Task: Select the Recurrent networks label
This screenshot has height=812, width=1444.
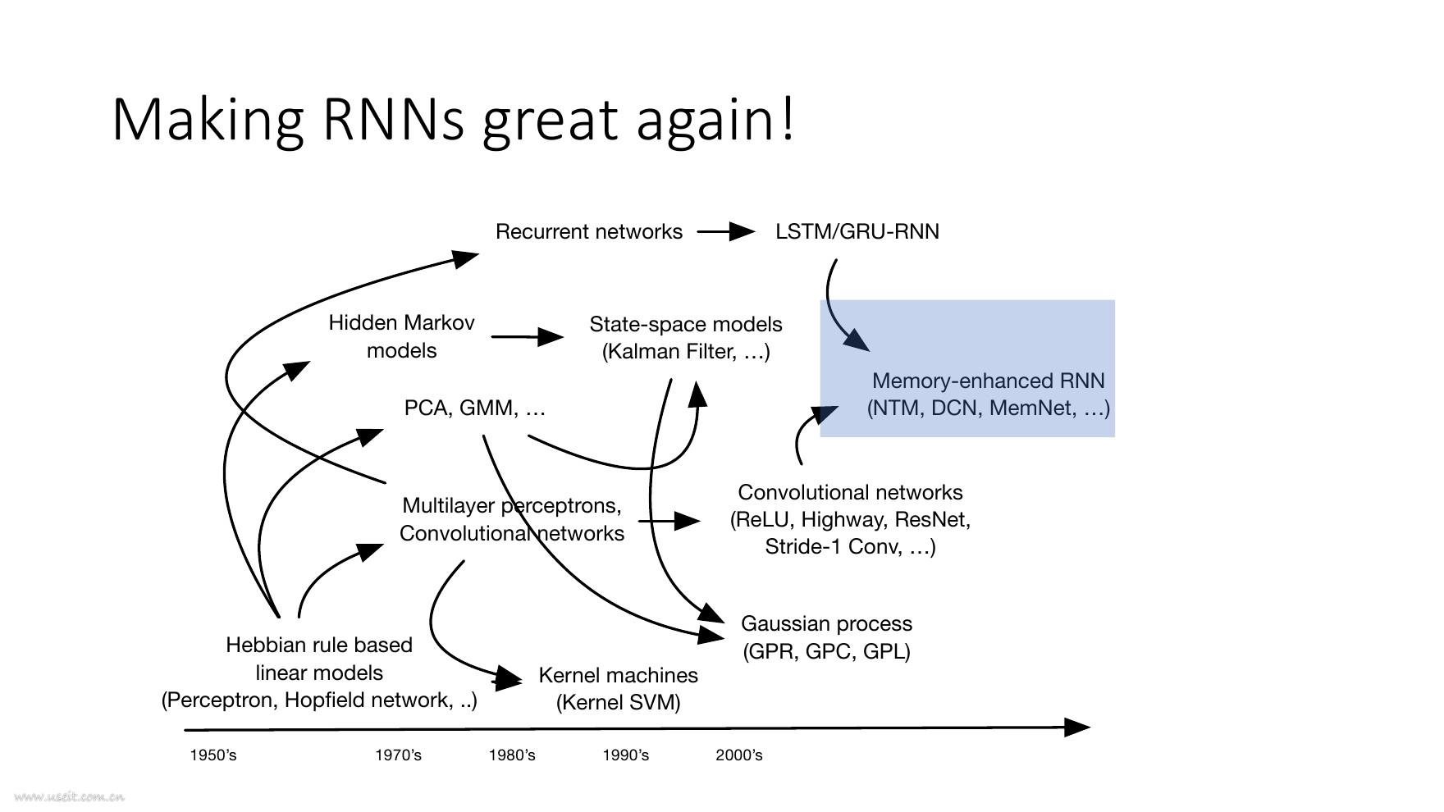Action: [x=589, y=232]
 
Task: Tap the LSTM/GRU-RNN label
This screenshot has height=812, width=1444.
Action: [x=857, y=232]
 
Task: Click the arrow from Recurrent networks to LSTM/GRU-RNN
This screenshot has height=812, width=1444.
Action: [x=726, y=232]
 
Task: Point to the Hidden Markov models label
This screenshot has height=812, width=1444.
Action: [x=401, y=336]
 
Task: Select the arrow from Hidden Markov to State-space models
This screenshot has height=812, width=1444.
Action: [x=528, y=336]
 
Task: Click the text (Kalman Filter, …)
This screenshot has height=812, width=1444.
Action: [x=686, y=352]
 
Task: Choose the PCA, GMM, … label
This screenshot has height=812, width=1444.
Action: [x=475, y=408]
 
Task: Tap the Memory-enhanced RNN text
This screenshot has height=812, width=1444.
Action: [x=989, y=381]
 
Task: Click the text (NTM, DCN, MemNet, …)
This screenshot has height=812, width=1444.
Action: [x=989, y=408]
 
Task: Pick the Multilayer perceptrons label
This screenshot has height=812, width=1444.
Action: [x=512, y=505]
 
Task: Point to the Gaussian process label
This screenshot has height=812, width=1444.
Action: [x=826, y=624]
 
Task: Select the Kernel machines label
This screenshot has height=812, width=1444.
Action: [x=619, y=676]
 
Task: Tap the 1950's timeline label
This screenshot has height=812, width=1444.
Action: [x=213, y=755]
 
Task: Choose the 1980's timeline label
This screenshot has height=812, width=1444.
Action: [x=512, y=755]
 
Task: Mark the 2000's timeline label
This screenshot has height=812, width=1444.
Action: [x=739, y=755]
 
